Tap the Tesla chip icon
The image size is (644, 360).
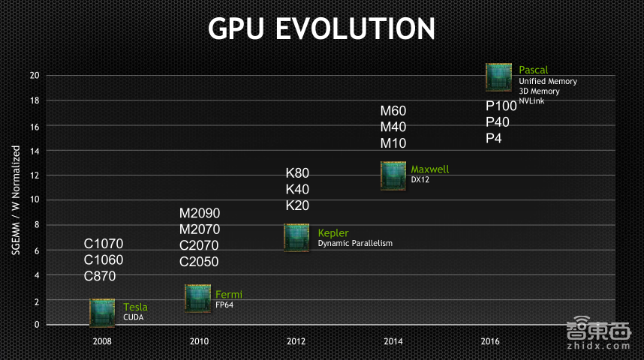(x=102, y=312)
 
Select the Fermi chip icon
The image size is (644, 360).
(x=197, y=298)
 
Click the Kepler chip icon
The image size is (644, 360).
(x=296, y=237)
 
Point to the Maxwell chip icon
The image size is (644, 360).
(x=393, y=175)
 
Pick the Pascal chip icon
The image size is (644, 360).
(x=498, y=76)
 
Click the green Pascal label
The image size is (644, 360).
(x=533, y=70)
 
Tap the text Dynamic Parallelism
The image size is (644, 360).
(x=355, y=243)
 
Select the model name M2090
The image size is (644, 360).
(x=200, y=213)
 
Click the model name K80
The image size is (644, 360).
(x=297, y=173)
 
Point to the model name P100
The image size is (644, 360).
(x=501, y=106)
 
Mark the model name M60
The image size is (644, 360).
(x=393, y=111)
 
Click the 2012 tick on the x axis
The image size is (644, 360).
(x=296, y=341)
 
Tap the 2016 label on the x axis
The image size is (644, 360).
(x=489, y=341)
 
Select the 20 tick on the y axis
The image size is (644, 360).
(x=34, y=75)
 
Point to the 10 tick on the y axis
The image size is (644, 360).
(x=34, y=199)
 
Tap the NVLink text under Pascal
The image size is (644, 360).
(x=531, y=100)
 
